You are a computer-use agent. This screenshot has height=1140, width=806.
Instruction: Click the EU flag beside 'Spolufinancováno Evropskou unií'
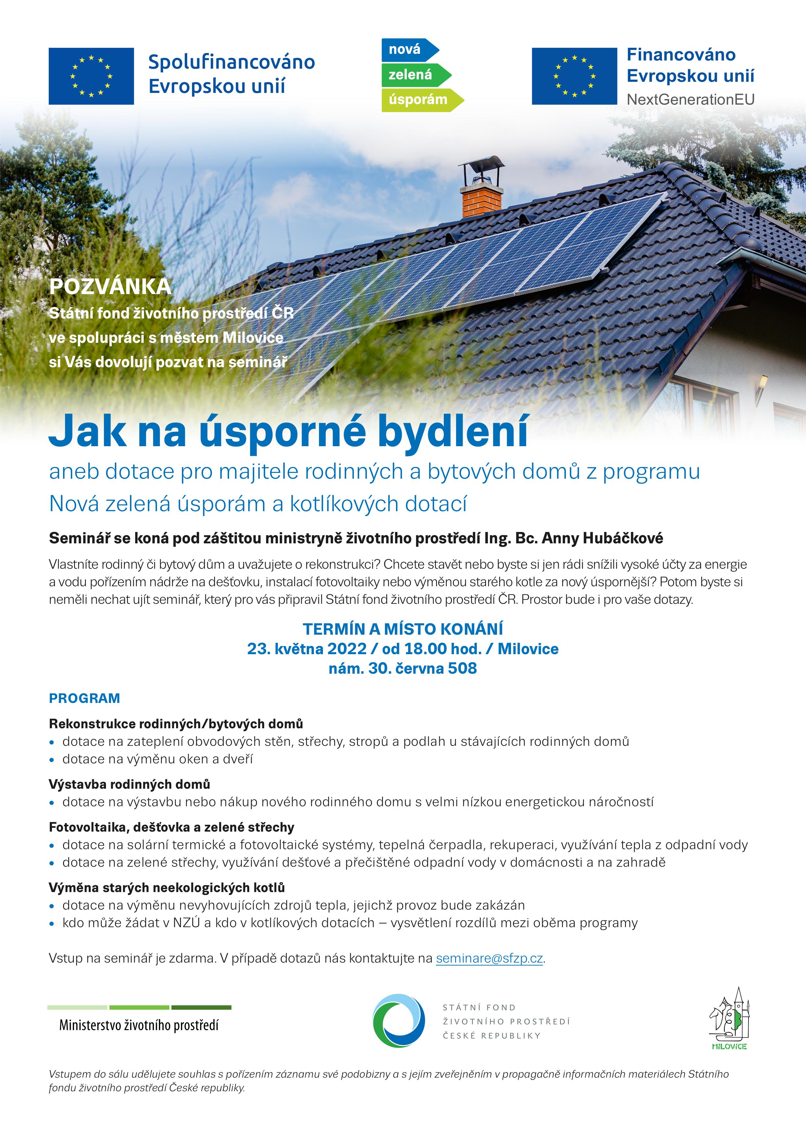(91, 76)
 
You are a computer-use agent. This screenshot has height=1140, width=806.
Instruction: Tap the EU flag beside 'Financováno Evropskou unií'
(574, 76)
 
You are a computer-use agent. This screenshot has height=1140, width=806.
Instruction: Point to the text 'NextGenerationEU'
(690, 99)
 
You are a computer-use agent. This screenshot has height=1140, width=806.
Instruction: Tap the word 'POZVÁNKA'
(110, 287)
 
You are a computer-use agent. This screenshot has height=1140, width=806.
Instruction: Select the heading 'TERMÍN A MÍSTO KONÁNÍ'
(403, 629)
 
